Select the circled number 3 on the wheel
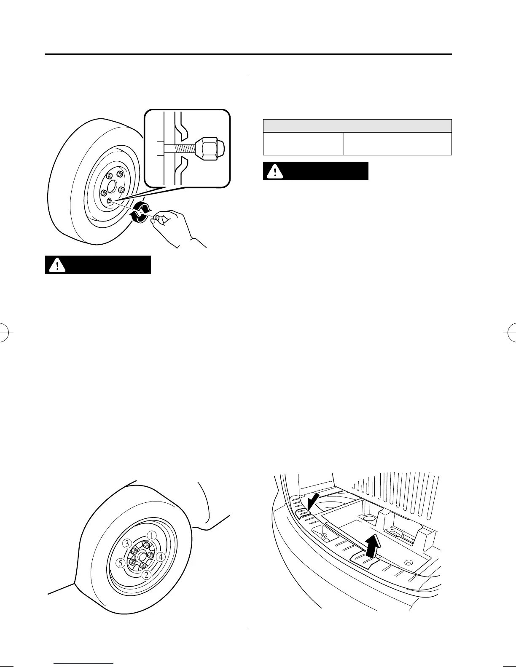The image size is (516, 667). (x=126, y=543)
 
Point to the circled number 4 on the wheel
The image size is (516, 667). (x=161, y=557)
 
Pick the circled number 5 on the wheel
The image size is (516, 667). (x=121, y=563)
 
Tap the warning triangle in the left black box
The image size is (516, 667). (x=57, y=265)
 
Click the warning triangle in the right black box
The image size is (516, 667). (x=275, y=171)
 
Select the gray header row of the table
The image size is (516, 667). (x=357, y=126)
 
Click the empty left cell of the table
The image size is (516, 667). (x=304, y=144)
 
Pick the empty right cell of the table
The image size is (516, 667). (x=398, y=144)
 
